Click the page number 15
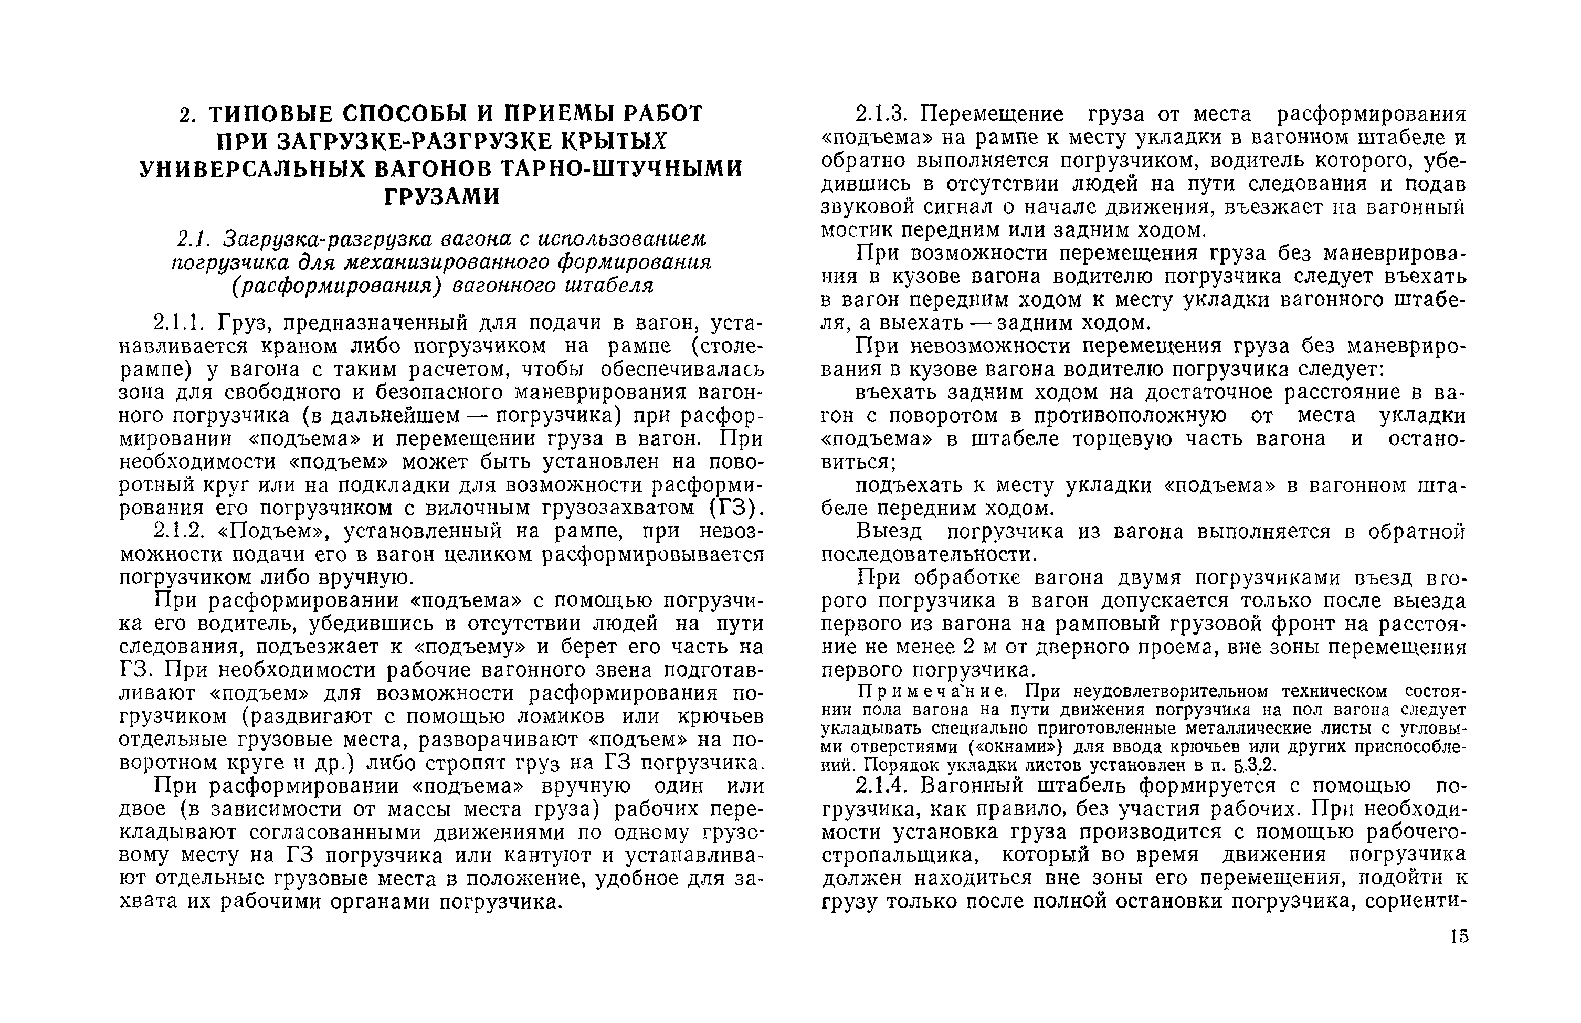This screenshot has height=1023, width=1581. pyautogui.click(x=1459, y=936)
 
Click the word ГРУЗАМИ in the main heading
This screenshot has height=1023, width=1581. pyautogui.click(x=442, y=197)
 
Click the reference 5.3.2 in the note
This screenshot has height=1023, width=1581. pyautogui.click(x=1254, y=765)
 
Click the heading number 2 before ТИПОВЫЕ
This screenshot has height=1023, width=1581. pyautogui.click(x=187, y=115)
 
